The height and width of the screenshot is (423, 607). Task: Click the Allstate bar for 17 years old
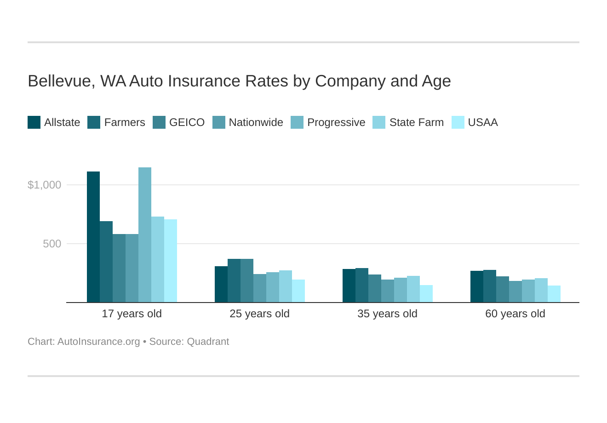(93, 237)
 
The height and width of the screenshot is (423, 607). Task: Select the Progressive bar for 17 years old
(145, 234)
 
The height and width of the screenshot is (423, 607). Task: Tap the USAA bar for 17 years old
(171, 261)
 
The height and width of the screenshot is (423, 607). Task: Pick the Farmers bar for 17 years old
(106, 262)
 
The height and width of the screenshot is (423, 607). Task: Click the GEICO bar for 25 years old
(247, 280)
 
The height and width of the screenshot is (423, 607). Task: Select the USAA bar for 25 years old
(298, 291)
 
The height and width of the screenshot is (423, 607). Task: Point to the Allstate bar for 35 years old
(349, 286)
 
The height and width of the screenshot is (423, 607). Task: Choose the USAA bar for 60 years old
(554, 294)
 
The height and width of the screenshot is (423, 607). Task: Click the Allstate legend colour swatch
(34, 122)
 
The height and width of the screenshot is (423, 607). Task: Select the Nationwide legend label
(256, 122)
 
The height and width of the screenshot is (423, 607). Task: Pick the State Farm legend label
(416, 122)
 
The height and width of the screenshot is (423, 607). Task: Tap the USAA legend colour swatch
(458, 122)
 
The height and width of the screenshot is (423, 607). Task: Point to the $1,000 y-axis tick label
(44, 185)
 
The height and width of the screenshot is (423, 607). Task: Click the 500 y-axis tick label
(52, 244)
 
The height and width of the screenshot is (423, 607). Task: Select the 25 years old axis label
(259, 314)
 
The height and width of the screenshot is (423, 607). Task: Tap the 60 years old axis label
(515, 314)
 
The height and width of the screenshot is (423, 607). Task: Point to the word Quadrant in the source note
(208, 342)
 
